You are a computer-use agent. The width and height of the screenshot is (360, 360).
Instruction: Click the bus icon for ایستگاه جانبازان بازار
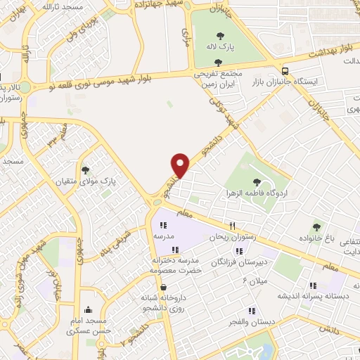(285, 70)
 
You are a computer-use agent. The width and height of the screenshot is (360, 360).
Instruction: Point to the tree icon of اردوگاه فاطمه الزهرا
(265, 181)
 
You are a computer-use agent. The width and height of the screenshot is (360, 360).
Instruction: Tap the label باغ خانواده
(319, 238)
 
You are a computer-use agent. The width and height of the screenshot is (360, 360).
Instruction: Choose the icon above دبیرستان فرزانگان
(240, 250)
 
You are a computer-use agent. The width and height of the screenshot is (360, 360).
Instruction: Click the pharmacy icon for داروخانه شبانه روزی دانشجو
(163, 288)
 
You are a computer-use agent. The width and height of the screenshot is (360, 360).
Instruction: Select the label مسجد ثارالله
(63, 6)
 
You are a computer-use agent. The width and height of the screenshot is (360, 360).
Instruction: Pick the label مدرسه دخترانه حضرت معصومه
(176, 264)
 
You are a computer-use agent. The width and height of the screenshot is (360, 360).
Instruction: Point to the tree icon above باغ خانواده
(317, 226)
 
